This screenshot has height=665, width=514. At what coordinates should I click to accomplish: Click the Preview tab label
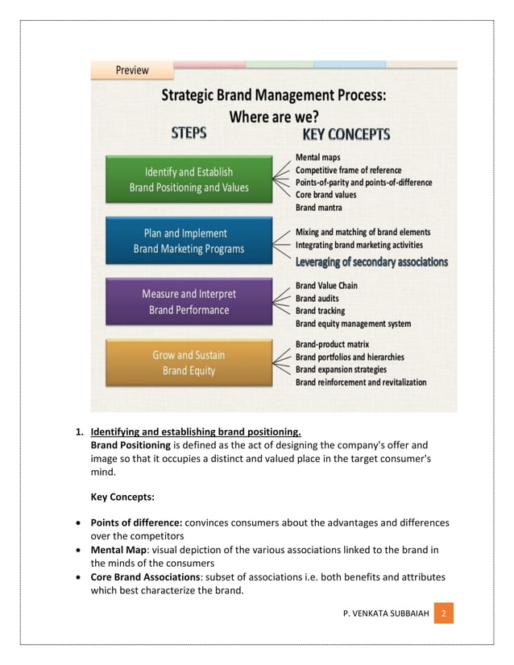(x=132, y=70)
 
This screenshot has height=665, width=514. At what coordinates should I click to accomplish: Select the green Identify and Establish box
(x=189, y=180)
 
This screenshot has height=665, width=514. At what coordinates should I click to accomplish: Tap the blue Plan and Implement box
(x=189, y=241)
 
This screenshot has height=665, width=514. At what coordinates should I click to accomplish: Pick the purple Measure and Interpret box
(x=189, y=302)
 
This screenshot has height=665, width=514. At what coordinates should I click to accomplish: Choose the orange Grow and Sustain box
(x=189, y=363)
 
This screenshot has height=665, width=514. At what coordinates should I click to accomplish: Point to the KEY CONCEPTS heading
(x=346, y=134)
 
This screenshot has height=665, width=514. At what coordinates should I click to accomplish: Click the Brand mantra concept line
(x=320, y=208)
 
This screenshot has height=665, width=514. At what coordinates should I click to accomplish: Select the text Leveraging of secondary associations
(x=371, y=262)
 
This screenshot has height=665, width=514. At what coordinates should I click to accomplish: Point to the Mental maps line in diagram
(x=317, y=158)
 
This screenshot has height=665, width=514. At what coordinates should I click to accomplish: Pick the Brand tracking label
(x=320, y=311)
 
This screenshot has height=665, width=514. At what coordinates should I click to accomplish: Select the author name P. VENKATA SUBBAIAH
(x=385, y=614)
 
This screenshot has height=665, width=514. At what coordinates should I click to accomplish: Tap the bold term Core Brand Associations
(x=152, y=577)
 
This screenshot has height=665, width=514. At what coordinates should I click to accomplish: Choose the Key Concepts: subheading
(x=122, y=498)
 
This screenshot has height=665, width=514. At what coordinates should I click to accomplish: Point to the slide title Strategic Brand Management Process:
(x=274, y=95)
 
